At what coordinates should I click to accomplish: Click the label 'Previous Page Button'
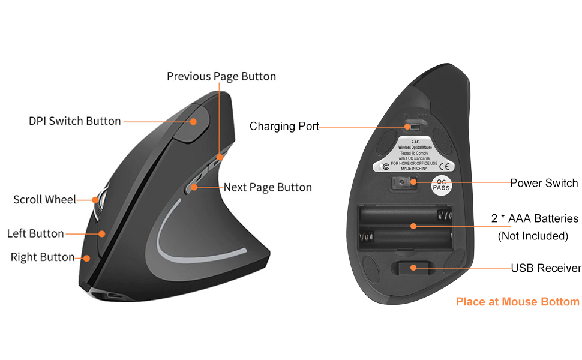(x=221, y=76)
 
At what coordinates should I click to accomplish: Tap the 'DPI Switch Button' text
(x=75, y=121)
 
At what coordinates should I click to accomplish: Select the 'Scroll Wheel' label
(x=45, y=199)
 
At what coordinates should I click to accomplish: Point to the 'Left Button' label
(x=35, y=233)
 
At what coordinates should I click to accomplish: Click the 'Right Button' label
(x=43, y=257)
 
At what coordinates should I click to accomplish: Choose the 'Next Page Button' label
(x=268, y=187)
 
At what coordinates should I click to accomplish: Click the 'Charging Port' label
(x=284, y=126)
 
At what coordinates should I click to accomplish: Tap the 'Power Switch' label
(x=544, y=183)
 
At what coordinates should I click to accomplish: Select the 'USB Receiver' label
(x=546, y=268)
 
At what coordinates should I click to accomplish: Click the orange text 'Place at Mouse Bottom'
(x=518, y=302)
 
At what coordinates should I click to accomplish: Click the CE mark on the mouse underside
(x=445, y=166)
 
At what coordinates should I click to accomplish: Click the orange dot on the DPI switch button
(x=194, y=121)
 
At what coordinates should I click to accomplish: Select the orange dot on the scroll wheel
(x=95, y=199)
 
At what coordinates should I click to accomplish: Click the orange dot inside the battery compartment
(x=413, y=226)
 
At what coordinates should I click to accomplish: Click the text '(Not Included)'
(x=533, y=236)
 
